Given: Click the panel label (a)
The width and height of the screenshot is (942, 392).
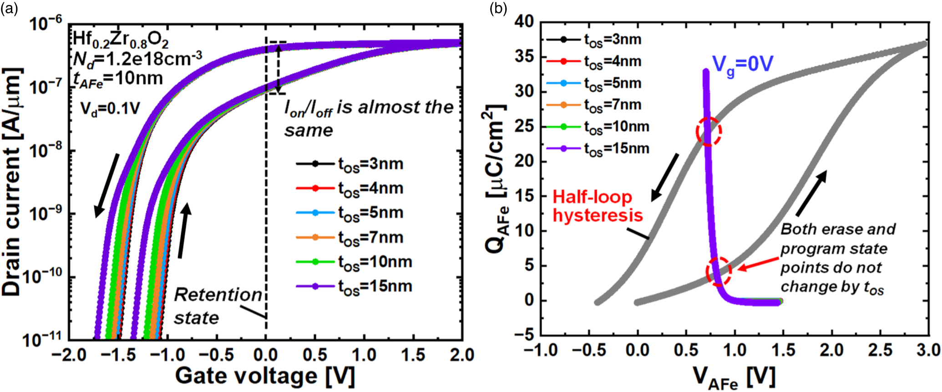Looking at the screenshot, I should pyautogui.click(x=9, y=8).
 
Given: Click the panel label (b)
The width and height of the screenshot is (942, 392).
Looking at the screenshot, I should pyautogui.click(x=498, y=8).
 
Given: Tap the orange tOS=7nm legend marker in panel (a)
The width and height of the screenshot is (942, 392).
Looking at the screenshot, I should pyautogui.click(x=315, y=238).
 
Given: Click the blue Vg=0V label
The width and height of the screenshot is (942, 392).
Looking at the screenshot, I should pyautogui.click(x=742, y=65).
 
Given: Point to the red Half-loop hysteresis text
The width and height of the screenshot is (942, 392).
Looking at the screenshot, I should pyautogui.click(x=597, y=206).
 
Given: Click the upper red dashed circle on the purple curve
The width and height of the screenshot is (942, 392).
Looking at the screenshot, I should pyautogui.click(x=709, y=131).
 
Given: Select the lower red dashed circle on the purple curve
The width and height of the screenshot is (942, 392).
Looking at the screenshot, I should pyautogui.click(x=719, y=271).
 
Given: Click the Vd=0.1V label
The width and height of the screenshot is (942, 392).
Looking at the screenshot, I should pyautogui.click(x=110, y=108).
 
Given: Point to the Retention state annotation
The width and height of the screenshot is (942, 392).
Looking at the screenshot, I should pyautogui.click(x=218, y=306).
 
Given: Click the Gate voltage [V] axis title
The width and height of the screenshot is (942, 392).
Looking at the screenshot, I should pyautogui.click(x=264, y=376).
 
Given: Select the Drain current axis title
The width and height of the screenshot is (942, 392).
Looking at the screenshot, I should pyautogui.click(x=12, y=182).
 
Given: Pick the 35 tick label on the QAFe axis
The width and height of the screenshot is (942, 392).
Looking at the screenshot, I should pyautogui.click(x=524, y=57).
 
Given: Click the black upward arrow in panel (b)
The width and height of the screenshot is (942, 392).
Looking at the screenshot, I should pyautogui.click(x=811, y=193).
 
